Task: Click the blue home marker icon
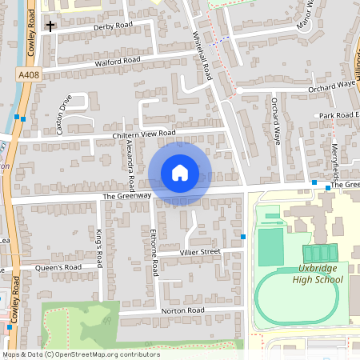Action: click(180, 173)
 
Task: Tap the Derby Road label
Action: click(113, 26)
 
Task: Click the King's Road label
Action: click(99, 248)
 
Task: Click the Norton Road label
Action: click(183, 310)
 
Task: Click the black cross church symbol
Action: click(50, 26)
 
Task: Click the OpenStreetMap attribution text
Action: click(80, 354)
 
